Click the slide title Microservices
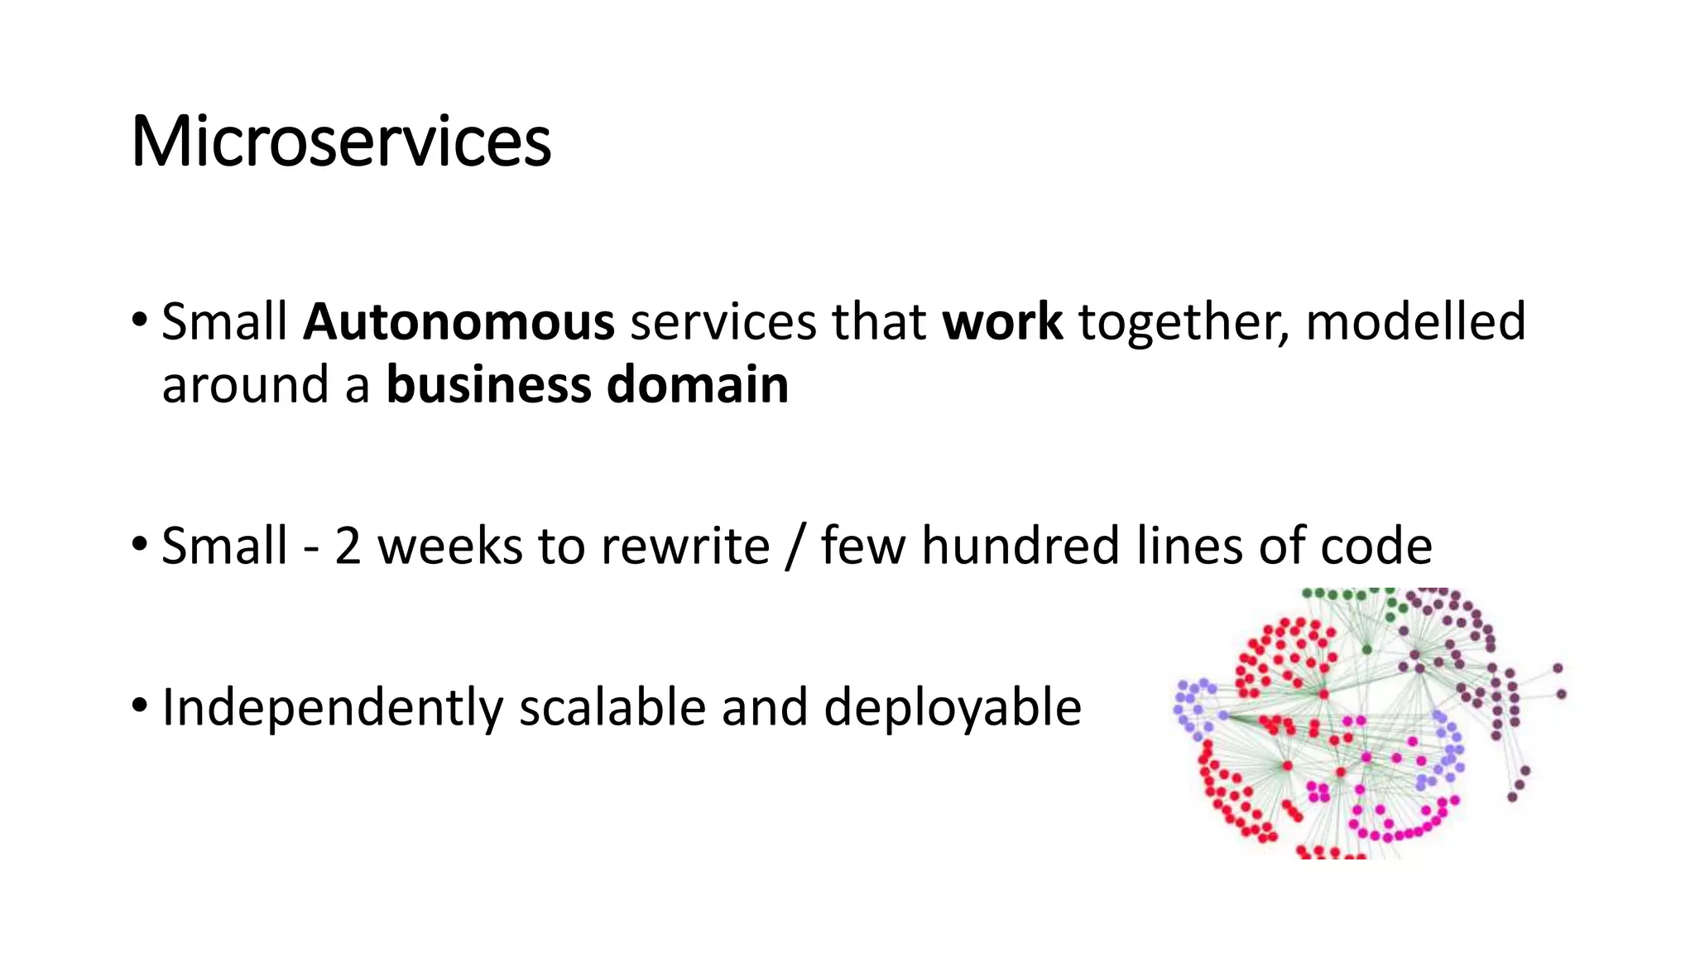click(341, 142)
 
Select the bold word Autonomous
click(459, 322)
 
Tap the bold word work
click(1002, 322)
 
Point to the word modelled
click(1415, 322)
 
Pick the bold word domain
click(697, 386)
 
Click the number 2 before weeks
click(348, 547)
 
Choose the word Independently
click(332, 709)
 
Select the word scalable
click(612, 709)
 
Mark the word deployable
click(952, 709)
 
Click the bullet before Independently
click(139, 706)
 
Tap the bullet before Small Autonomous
click(139, 319)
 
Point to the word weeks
click(449, 547)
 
